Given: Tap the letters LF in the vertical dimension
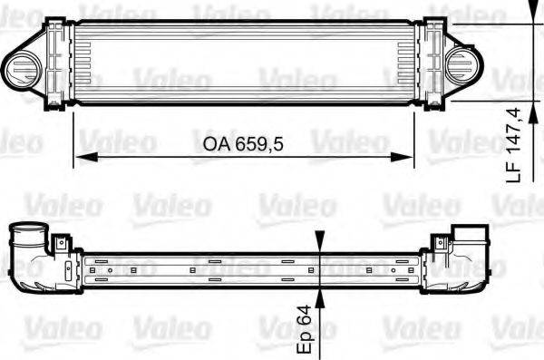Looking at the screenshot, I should click(514, 171).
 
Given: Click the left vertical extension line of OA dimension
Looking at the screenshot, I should click(73, 136).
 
